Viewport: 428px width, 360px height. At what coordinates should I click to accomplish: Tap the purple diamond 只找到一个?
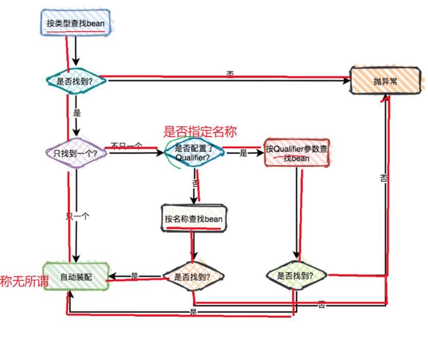(x=76, y=153)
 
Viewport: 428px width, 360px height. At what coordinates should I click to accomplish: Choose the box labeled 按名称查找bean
(x=193, y=219)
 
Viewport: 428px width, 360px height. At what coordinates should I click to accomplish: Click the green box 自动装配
(x=76, y=277)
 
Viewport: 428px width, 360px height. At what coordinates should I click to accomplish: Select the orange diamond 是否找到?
(x=194, y=276)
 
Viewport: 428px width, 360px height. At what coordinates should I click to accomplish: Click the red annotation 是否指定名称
(x=200, y=132)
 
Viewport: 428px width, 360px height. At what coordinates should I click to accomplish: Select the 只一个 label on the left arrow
(x=77, y=217)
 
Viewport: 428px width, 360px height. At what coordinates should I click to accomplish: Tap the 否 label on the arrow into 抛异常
(x=230, y=75)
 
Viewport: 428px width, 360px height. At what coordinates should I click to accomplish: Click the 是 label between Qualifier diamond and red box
(x=243, y=153)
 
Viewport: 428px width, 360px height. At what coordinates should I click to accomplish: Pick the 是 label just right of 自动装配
(x=134, y=276)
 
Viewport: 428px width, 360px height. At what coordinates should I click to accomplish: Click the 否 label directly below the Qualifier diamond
(x=195, y=184)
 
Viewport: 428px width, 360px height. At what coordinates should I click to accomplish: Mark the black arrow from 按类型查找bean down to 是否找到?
(x=76, y=52)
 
